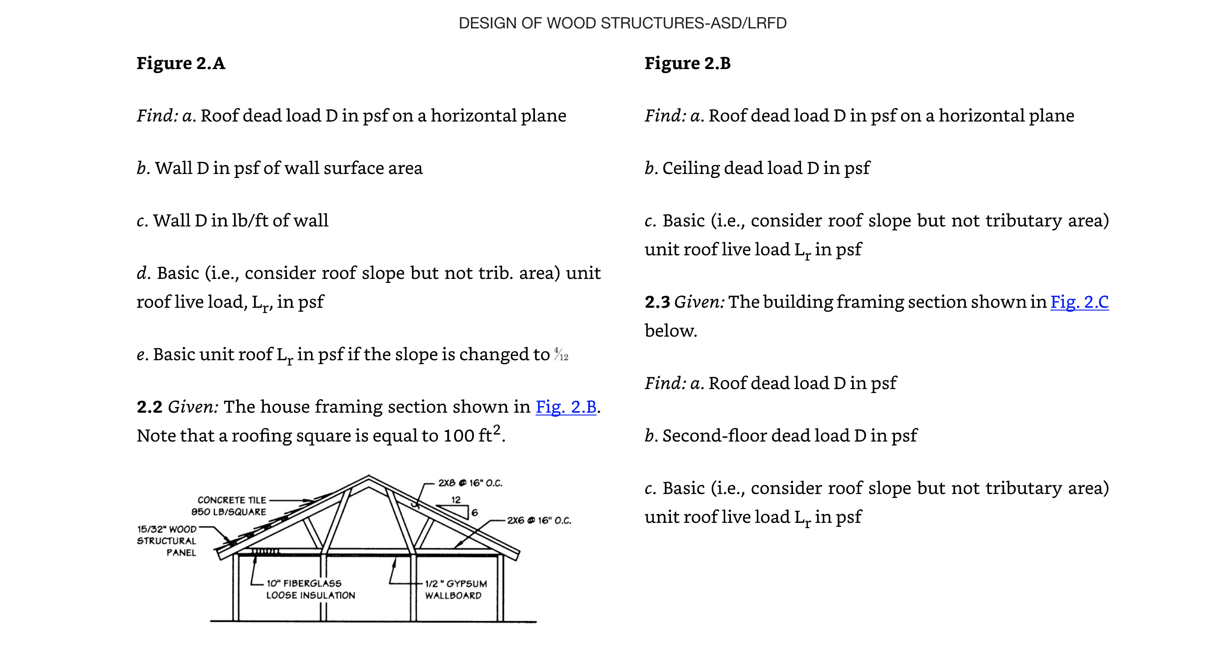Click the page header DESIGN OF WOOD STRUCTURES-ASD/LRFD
622,23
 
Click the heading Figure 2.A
181,63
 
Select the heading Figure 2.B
687,63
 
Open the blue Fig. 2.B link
566,407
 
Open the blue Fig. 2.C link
1079,302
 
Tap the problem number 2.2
149,407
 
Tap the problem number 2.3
657,302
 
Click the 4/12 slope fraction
561,354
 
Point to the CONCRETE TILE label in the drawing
232,500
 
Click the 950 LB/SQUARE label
229,512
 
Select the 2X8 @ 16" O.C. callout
470,483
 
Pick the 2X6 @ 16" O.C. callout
539,520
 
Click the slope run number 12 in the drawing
456,500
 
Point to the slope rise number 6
475,513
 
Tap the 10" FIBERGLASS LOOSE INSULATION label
310,589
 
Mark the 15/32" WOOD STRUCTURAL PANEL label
167,541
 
